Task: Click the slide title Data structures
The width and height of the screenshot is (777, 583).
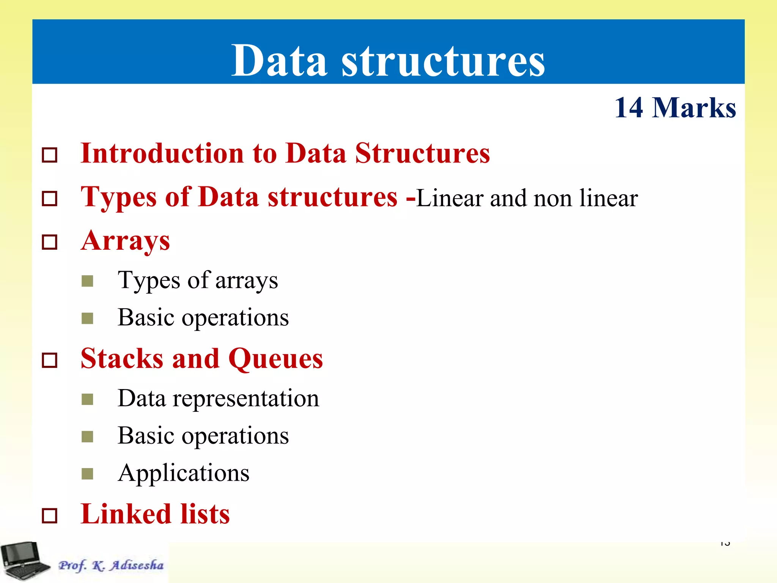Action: point(388,60)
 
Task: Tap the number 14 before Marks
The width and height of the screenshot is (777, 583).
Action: point(629,108)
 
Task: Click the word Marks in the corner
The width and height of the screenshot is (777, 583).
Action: point(694,108)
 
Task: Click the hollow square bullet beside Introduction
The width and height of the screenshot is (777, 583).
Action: point(50,155)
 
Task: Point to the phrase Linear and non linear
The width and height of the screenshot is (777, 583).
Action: point(527,198)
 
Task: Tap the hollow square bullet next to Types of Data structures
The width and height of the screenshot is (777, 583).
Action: point(50,199)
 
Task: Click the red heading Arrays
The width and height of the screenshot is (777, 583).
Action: point(126,241)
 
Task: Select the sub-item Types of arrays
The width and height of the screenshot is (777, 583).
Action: point(198,280)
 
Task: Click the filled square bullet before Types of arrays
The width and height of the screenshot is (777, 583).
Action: point(87,281)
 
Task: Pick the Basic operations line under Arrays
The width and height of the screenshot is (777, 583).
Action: point(203,317)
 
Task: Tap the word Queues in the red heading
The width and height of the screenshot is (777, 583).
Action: point(275,358)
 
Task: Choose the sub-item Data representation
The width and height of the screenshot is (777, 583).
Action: point(218,399)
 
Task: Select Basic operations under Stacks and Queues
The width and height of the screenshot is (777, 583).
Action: point(203,435)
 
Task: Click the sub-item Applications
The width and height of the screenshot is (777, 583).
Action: point(184,473)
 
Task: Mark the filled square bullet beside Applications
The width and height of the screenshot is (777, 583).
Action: point(87,474)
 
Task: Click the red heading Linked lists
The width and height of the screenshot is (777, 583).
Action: point(155,514)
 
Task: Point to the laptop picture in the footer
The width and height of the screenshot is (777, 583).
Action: point(25,561)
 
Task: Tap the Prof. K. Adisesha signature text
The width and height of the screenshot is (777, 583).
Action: point(111,565)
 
